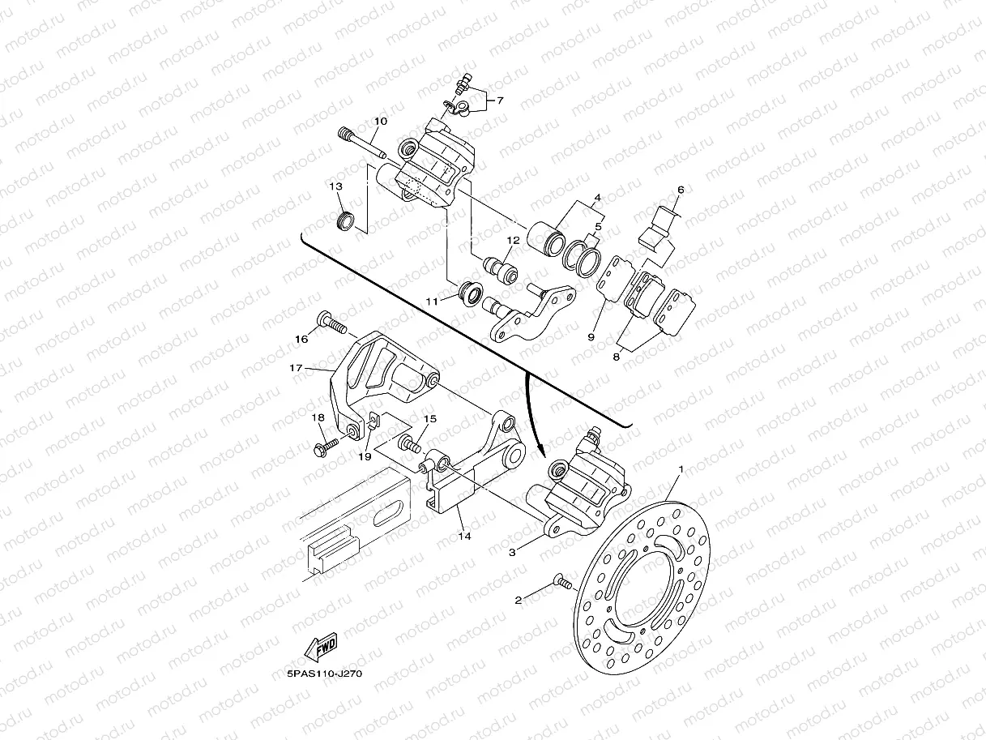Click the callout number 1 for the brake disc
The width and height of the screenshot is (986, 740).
[681, 469]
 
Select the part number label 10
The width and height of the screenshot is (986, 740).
[380, 122]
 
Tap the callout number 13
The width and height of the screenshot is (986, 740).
[335, 186]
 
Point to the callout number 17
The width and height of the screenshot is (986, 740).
[296, 368]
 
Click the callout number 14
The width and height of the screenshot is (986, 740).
[463, 536]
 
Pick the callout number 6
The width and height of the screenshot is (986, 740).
[681, 190]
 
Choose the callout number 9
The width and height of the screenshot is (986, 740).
[591, 336]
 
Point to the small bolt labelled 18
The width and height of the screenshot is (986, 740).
[327, 445]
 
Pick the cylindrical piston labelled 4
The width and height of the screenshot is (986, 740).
[545, 237]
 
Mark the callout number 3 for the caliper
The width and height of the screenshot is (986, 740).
[512, 552]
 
